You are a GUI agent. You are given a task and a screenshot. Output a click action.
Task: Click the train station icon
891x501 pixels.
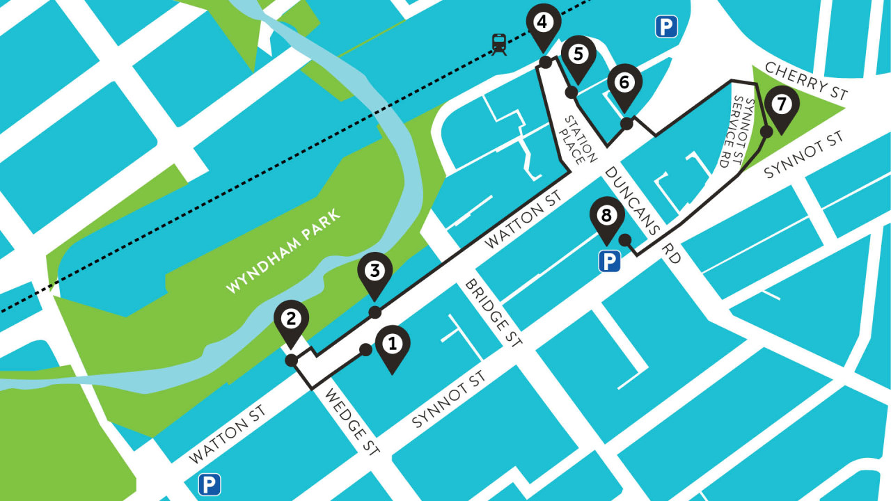499,44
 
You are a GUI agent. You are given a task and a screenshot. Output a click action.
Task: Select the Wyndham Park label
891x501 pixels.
284,254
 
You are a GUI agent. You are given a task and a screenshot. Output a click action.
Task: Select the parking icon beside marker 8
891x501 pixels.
610,262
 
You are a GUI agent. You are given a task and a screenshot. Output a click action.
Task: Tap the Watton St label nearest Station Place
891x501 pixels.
523,221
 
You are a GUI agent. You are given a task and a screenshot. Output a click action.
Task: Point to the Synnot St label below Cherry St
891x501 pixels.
803,154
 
